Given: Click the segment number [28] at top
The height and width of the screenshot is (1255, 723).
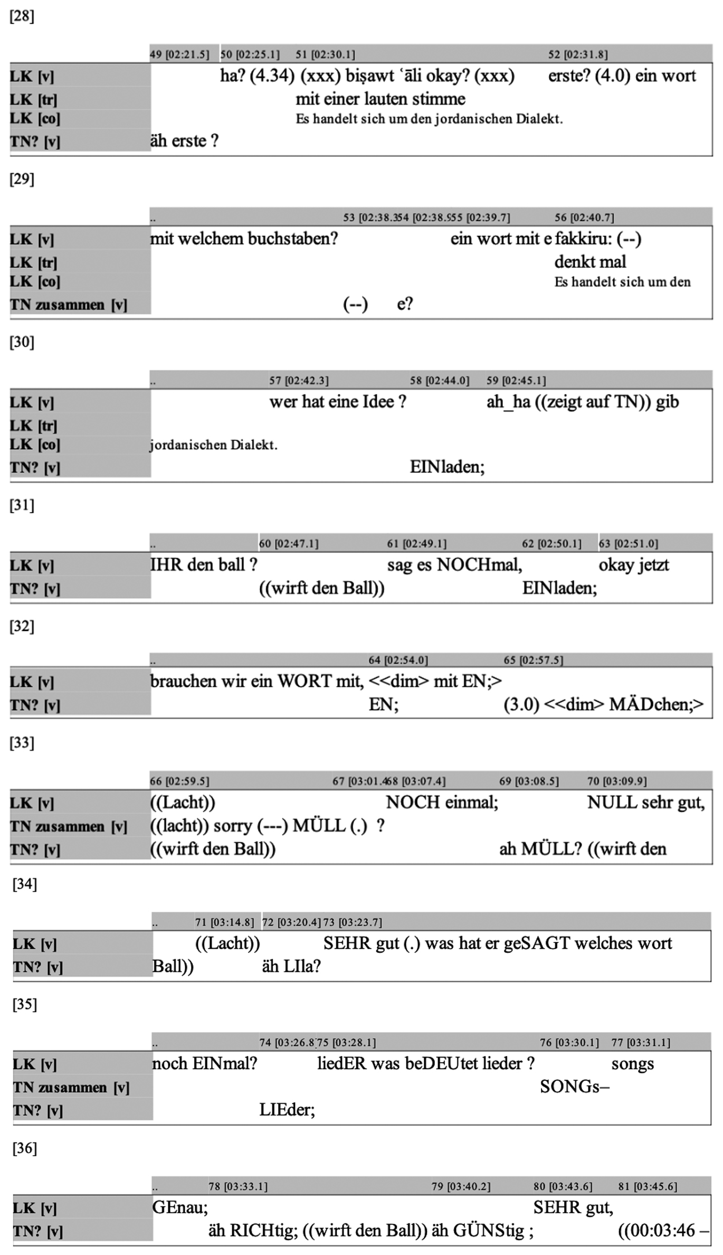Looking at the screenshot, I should click(22, 16).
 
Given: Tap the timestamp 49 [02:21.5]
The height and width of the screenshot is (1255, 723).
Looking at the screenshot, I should click(179, 54).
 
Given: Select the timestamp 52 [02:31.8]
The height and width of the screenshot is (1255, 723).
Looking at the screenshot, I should click(578, 54).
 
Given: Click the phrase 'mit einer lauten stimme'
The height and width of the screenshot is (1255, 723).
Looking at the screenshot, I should click(380, 99).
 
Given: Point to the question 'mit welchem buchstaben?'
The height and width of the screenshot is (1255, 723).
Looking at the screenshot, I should click(244, 239).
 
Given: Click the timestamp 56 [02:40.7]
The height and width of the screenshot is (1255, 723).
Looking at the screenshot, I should click(584, 218).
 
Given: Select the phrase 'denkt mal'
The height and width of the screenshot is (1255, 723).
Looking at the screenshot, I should click(590, 262).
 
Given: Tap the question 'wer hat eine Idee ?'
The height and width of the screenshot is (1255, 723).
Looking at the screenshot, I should click(338, 402).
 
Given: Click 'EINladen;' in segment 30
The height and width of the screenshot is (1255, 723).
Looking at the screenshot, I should click(448, 467).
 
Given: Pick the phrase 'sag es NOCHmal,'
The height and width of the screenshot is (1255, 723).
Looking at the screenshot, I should click(454, 565).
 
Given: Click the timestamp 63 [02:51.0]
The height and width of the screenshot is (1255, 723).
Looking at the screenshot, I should click(628, 544).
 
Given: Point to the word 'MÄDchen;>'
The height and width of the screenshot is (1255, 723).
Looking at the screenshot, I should click(656, 704).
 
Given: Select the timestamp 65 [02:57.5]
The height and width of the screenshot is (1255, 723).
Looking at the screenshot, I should click(533, 660).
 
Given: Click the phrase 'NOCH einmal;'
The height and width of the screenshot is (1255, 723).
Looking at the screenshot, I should click(442, 803).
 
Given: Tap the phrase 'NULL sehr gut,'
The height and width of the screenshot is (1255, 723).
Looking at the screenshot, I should click(646, 803).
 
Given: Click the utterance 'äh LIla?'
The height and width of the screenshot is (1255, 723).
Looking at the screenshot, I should click(291, 967).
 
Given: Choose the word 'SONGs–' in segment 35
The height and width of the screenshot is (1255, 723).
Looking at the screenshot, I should click(574, 1087).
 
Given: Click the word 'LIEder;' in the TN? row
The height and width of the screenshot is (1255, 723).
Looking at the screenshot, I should click(287, 1110).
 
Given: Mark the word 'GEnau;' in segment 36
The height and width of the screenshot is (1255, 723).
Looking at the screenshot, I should click(180, 1207).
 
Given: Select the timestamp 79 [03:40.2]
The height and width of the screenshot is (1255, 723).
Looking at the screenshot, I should click(461, 1186).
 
